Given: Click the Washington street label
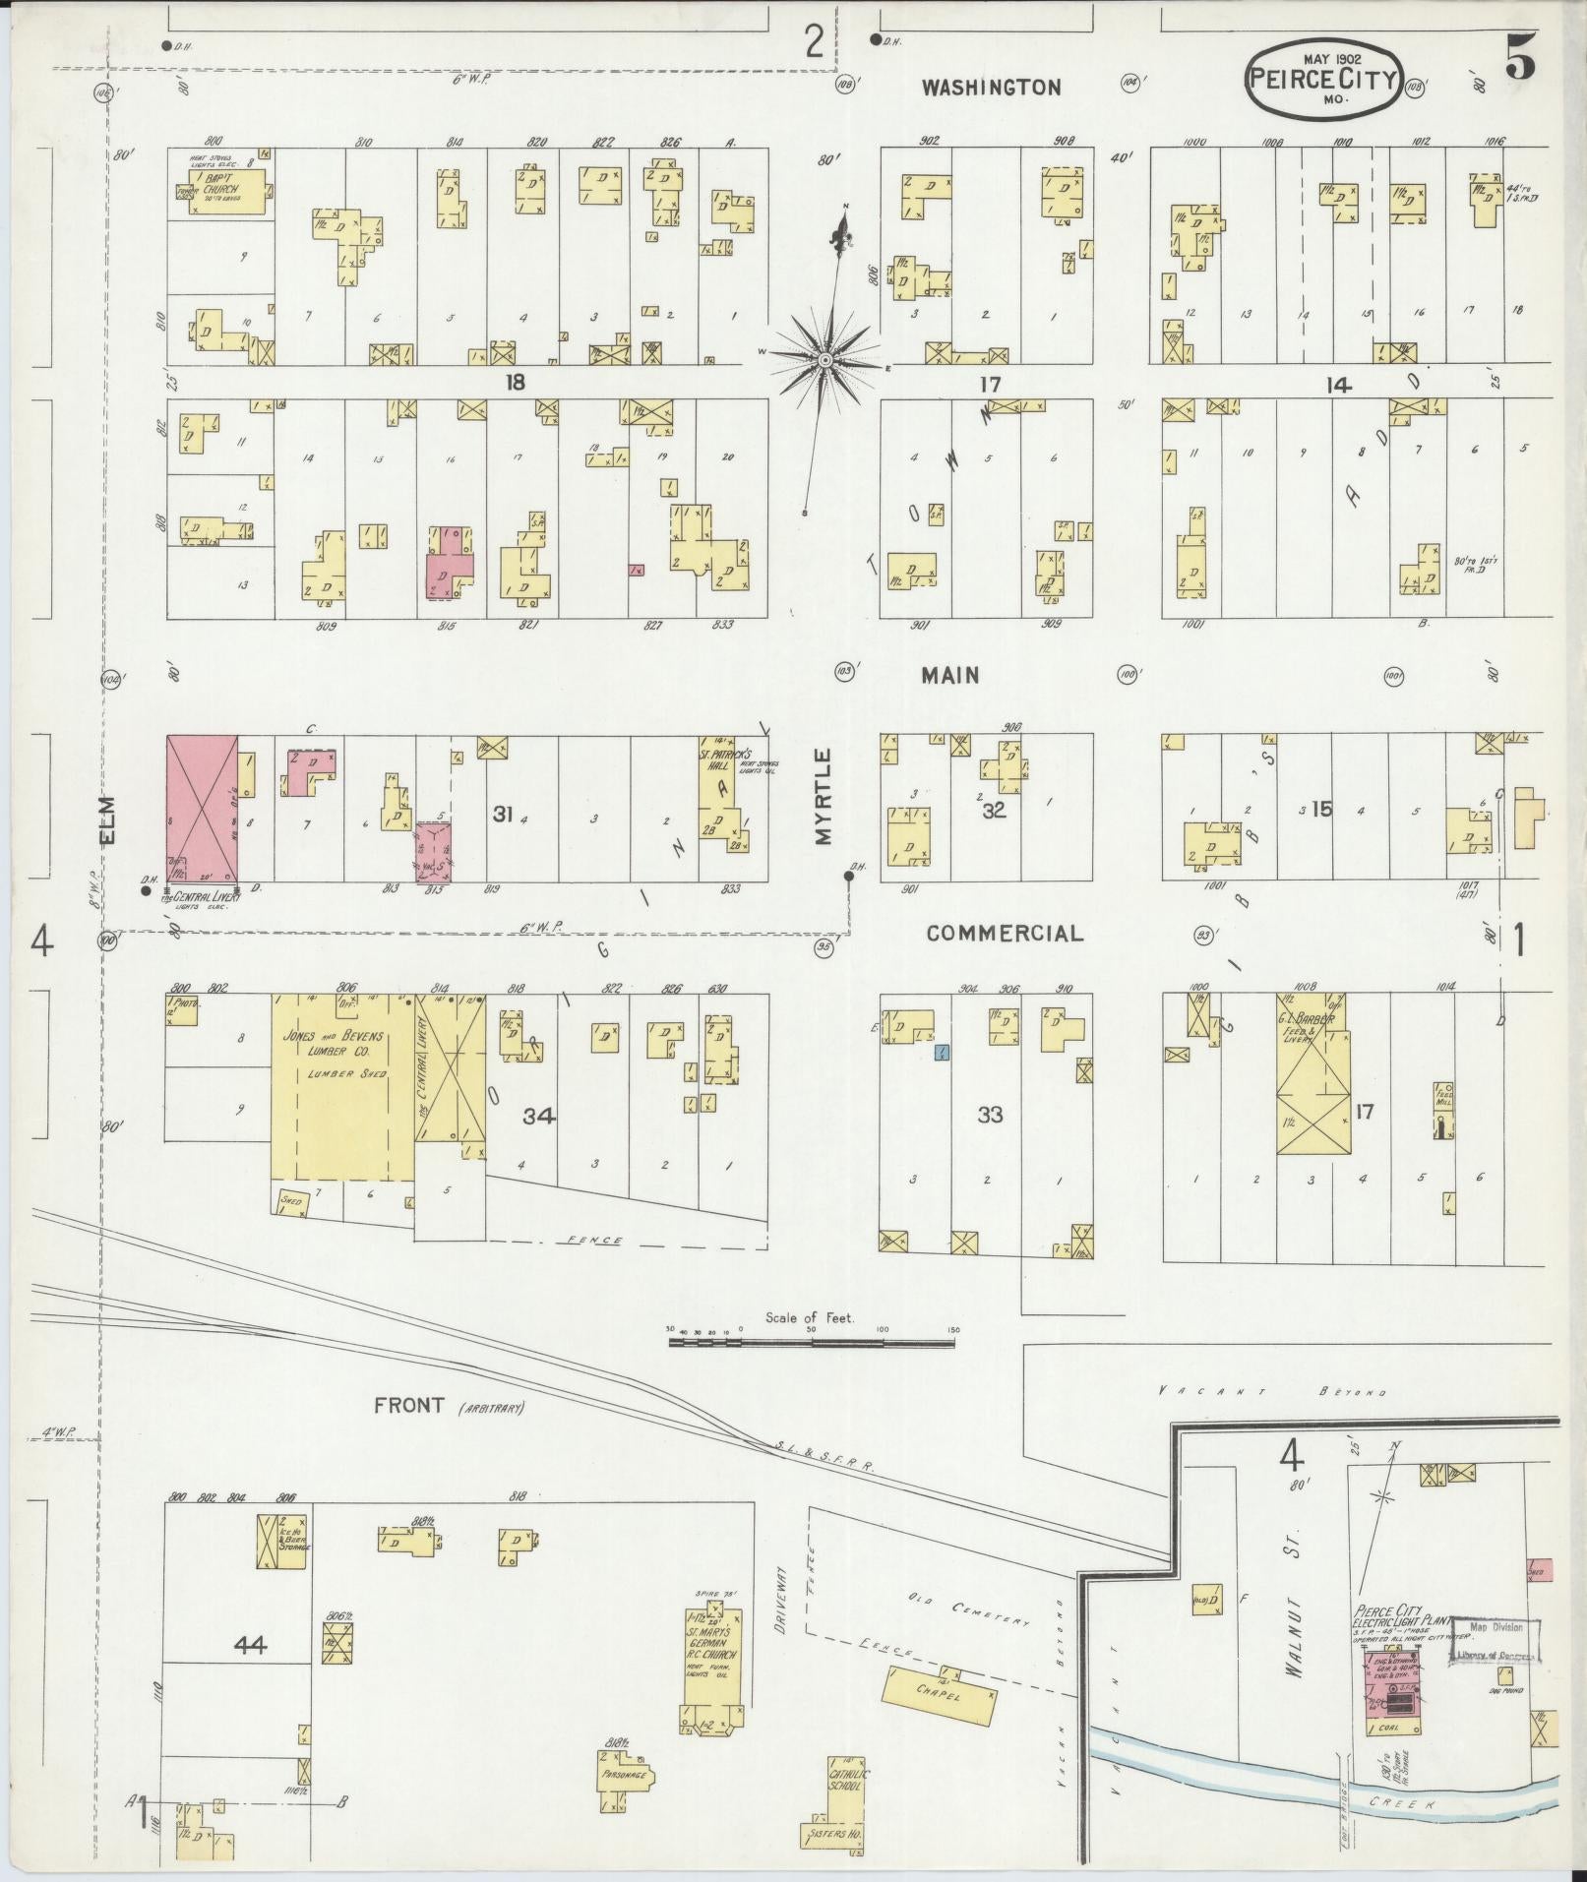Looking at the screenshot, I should pos(991,88).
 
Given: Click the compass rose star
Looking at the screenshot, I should pos(825,361).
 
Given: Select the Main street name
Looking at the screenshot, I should pos(949,675).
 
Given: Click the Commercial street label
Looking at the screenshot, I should pos(1004,933).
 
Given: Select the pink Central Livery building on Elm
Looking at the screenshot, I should pos(202,808).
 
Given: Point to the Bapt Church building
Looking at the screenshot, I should pos(225,188).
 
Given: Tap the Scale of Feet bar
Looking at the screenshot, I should pos(812,1340).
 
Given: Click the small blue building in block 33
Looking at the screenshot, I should pos(942,1053).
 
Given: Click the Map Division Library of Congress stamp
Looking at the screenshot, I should pos(1495,1641).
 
